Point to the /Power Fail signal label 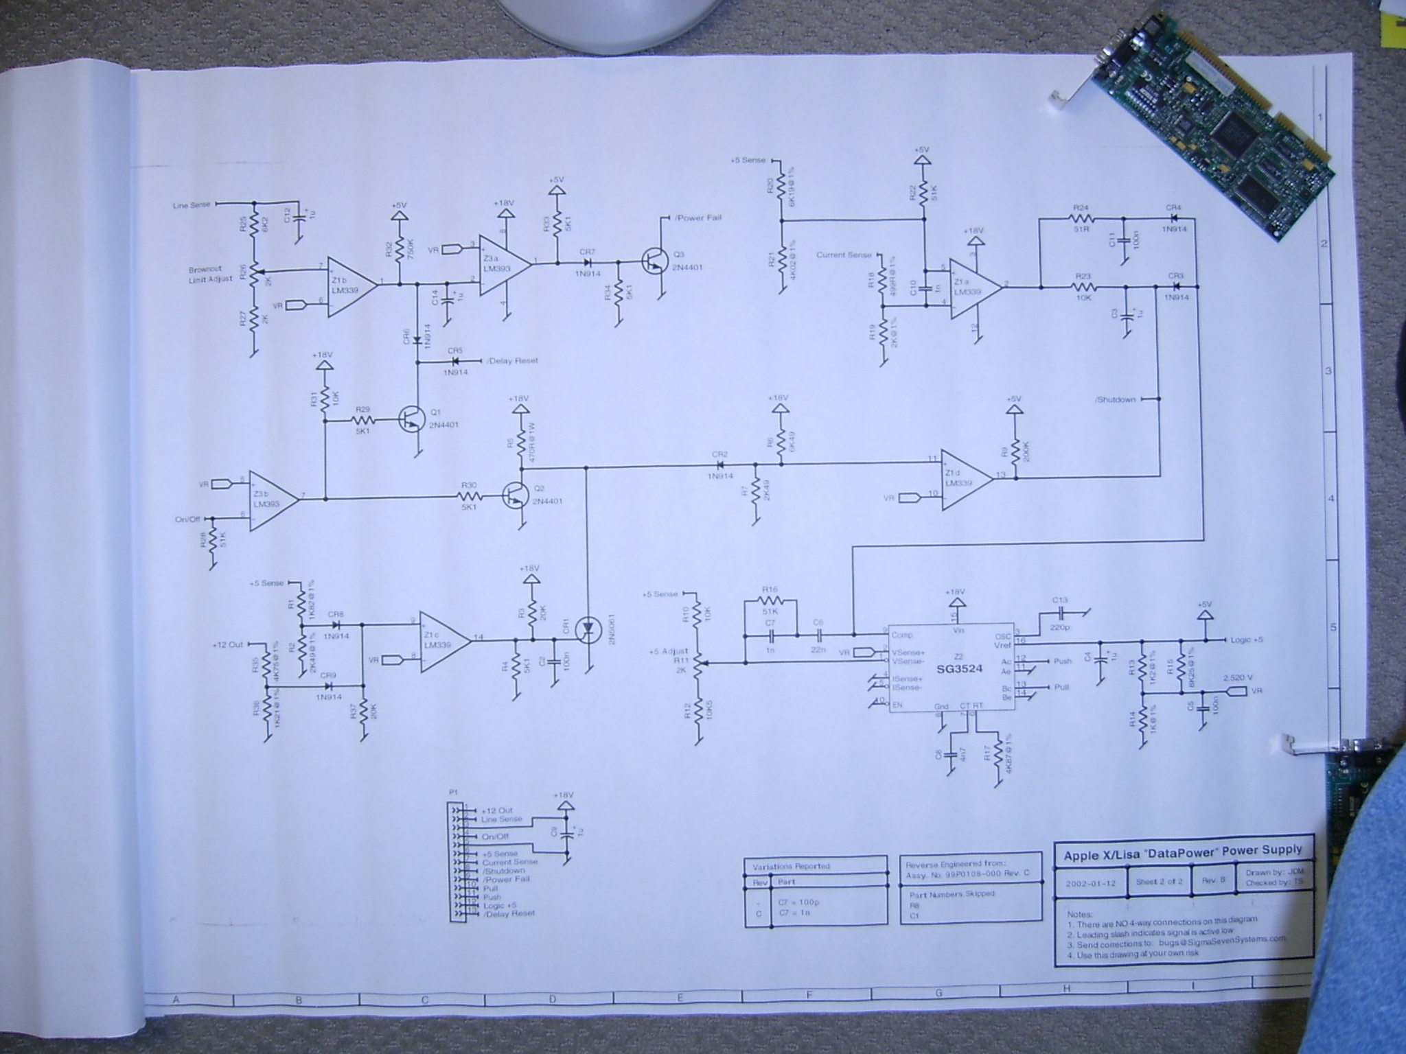[x=698, y=218]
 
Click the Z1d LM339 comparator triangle [x=965, y=480]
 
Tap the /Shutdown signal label [x=1116, y=399]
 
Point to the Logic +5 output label [x=1245, y=640]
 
